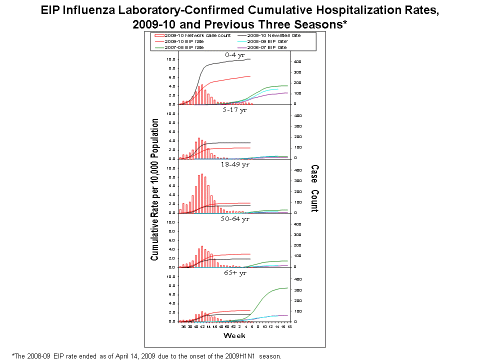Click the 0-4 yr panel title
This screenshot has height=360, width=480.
235,55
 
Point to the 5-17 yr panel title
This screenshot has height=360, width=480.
235,110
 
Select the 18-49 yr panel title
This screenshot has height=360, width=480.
235,164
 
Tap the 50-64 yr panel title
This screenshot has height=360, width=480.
235,218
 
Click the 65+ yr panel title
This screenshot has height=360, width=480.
235,273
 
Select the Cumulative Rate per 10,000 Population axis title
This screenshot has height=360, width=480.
155,190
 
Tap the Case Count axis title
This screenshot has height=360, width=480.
314,188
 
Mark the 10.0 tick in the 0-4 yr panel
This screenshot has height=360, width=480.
170,59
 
